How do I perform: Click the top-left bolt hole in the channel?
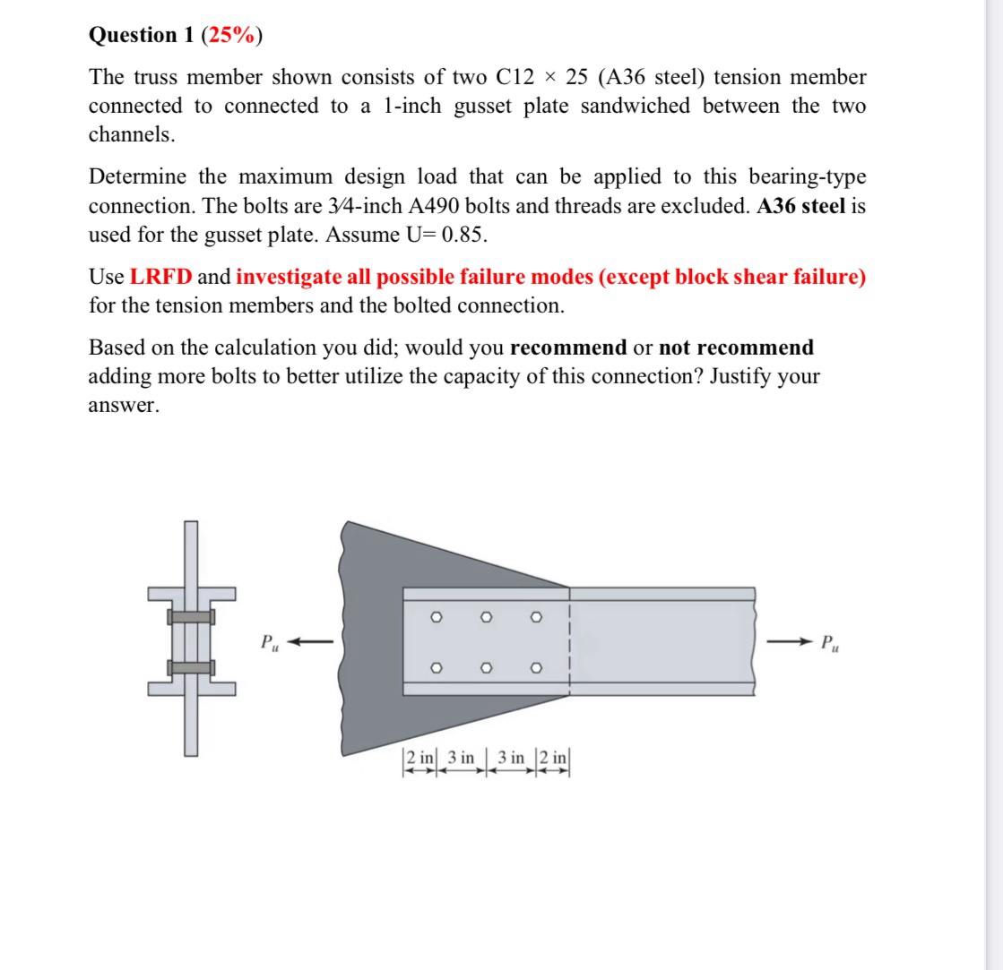tap(437, 616)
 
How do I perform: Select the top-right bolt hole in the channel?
tap(536, 616)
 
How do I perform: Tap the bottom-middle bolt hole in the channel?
tap(487, 667)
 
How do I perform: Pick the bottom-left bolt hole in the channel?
tap(437, 667)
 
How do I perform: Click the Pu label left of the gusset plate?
tap(268, 642)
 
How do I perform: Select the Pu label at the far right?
tap(832, 642)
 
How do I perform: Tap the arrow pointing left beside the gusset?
tap(314, 641)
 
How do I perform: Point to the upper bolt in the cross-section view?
tap(190, 617)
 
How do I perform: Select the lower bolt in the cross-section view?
tap(190, 666)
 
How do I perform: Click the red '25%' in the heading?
tap(232, 35)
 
